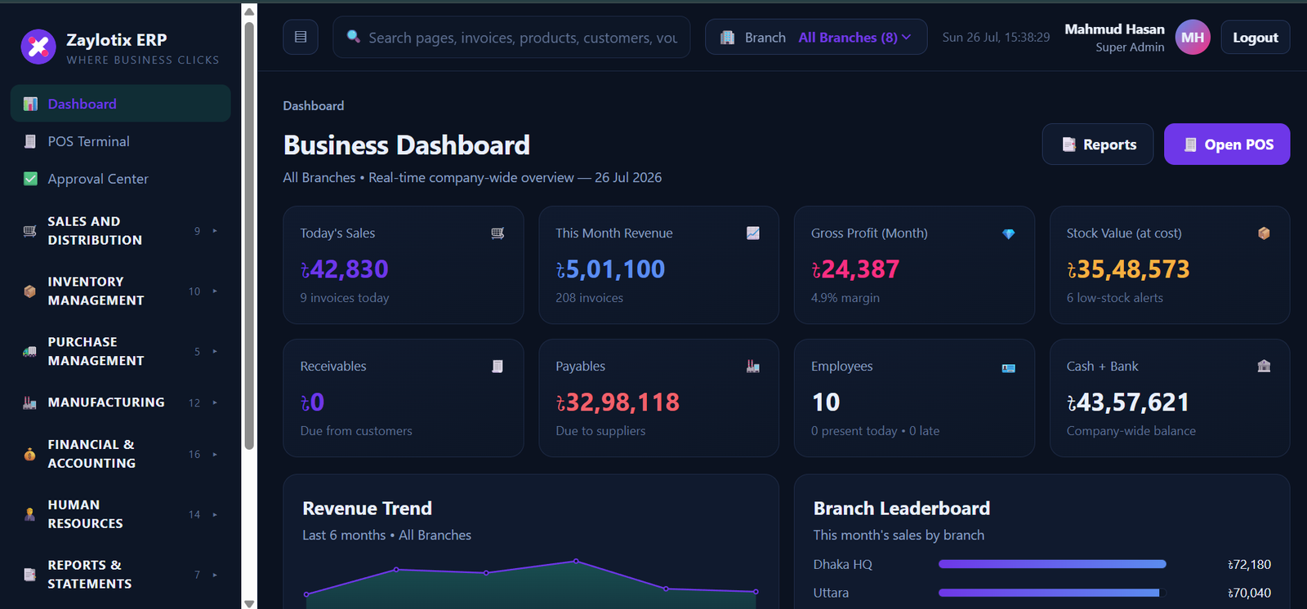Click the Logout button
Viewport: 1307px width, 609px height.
[x=1255, y=38]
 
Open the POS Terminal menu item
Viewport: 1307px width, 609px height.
[x=88, y=141]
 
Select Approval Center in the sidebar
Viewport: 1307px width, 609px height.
[x=97, y=179]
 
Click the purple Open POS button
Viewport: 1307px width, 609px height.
[x=1226, y=144]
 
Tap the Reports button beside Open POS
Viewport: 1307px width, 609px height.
[x=1098, y=144]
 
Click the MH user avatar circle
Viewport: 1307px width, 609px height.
[x=1192, y=38]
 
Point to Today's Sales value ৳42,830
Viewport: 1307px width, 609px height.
[x=344, y=269]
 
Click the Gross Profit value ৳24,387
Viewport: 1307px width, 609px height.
[x=854, y=269]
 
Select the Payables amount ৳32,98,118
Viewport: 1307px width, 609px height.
[x=618, y=402]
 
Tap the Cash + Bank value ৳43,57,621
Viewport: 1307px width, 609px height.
[x=1128, y=402]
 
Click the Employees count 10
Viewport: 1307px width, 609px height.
[x=826, y=402]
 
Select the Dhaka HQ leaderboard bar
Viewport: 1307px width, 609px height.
[x=1052, y=564]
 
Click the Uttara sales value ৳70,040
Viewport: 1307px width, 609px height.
[x=1249, y=593]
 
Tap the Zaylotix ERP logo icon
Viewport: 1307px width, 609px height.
[x=38, y=47]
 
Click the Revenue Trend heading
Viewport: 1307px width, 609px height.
[x=367, y=508]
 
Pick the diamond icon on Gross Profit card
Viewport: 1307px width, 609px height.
[x=1008, y=233]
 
